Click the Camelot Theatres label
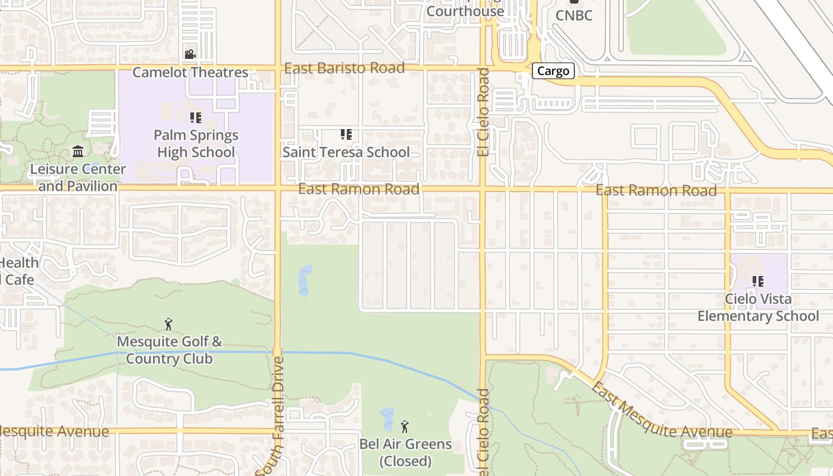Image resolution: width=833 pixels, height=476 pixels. [190, 73]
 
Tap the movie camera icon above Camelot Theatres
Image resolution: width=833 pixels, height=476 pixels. [190, 55]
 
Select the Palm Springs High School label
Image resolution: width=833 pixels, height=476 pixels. [196, 143]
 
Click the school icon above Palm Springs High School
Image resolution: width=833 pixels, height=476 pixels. [196, 118]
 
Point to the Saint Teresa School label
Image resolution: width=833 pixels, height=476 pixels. [346, 152]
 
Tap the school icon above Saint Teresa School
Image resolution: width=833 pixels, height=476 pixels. [346, 134]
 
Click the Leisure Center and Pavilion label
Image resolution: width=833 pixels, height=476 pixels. [78, 177]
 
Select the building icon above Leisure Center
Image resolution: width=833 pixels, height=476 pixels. [78, 152]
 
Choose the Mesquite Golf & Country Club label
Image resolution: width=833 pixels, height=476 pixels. [169, 350]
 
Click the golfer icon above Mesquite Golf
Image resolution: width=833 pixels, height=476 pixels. [168, 324]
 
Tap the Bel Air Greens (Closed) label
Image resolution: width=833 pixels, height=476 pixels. [405, 452]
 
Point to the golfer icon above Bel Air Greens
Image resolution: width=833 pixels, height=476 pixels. [405, 426]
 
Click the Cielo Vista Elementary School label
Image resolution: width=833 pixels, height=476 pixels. [758, 307]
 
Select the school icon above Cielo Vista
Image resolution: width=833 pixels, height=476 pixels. [757, 281]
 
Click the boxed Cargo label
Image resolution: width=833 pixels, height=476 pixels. [553, 71]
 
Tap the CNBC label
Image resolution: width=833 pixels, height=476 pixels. [574, 15]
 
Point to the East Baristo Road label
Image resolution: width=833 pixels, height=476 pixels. [345, 68]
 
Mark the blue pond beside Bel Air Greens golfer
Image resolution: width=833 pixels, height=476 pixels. [387, 418]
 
